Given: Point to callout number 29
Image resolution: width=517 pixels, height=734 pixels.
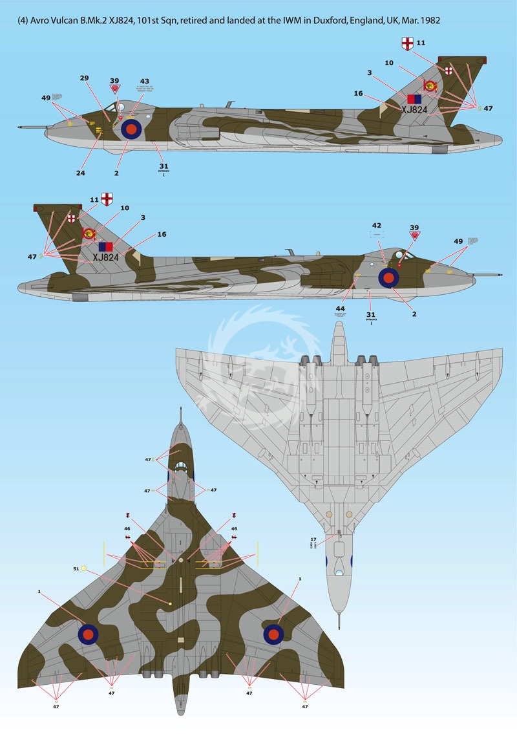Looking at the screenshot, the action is click(84, 78).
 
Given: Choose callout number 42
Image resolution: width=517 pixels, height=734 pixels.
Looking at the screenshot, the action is click(376, 226).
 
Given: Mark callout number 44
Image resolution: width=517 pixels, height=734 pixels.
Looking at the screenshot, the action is click(341, 309).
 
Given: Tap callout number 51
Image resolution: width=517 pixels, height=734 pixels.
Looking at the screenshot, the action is click(76, 568).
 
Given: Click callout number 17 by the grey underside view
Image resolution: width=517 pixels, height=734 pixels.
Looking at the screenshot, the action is click(312, 539).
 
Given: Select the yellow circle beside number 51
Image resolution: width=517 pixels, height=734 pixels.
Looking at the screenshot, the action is click(84, 568).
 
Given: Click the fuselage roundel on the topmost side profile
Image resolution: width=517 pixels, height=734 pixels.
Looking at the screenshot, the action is click(131, 129).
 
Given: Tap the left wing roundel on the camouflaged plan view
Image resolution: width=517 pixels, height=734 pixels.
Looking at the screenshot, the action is click(89, 634).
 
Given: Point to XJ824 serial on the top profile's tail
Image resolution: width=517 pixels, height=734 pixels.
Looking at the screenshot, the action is click(414, 110).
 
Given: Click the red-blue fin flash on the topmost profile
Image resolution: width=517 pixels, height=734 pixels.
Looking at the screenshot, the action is click(414, 99).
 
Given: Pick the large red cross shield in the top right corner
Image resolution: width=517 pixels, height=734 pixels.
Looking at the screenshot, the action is click(406, 43).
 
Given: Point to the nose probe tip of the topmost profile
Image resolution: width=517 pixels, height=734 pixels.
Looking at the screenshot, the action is click(19, 127).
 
